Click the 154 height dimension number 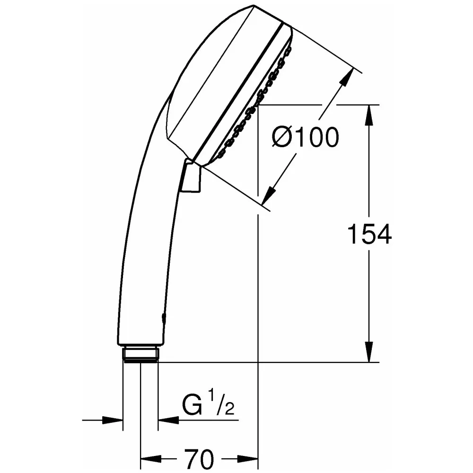click(x=369, y=235)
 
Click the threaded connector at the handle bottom click(x=140, y=354)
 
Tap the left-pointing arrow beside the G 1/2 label click(x=168, y=419)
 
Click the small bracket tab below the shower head click(x=192, y=178)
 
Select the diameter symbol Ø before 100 click(x=283, y=138)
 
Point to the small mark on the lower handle click(x=164, y=316)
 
